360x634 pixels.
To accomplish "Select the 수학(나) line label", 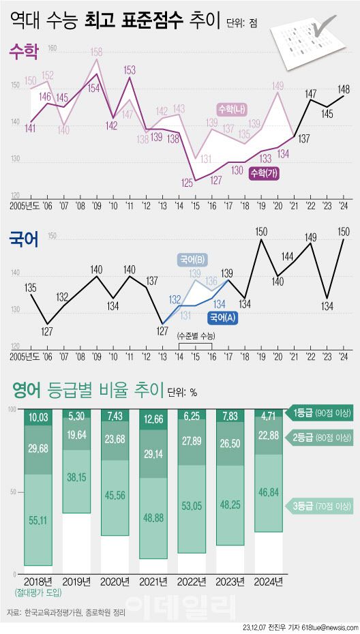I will coord(231,109).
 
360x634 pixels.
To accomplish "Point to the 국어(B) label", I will coord(193,260).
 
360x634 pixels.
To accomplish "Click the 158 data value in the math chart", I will coord(97,52).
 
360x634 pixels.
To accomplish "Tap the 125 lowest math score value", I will coord(187,183).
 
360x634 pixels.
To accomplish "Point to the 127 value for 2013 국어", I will coord(162,331).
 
